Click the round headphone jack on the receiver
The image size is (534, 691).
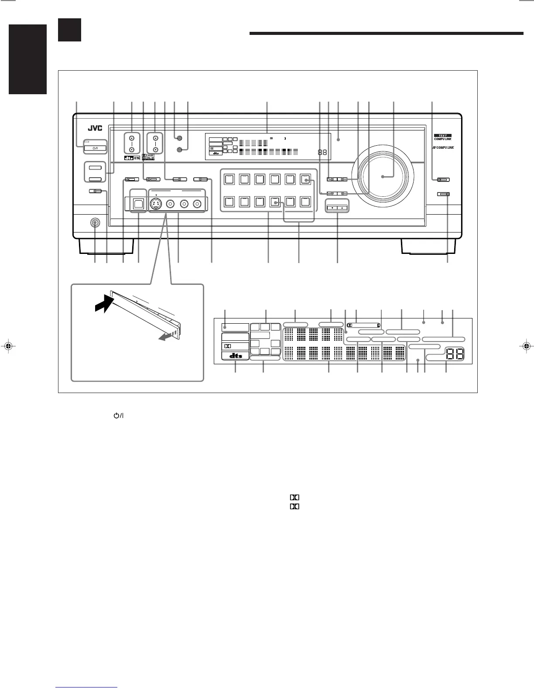[x=95, y=223]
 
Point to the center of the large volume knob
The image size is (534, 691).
[x=383, y=177]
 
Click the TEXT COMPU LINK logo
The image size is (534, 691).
[x=442, y=137]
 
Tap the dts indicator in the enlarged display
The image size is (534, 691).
[x=235, y=356]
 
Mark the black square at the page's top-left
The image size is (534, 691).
[x=69, y=30]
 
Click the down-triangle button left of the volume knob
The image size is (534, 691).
[x=332, y=208]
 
